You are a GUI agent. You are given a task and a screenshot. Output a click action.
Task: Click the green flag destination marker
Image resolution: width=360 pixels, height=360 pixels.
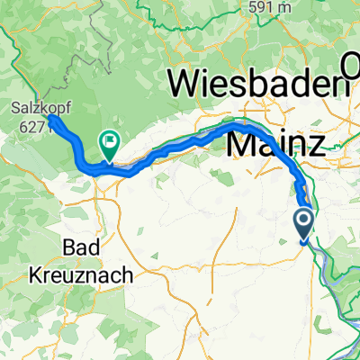point(110,141)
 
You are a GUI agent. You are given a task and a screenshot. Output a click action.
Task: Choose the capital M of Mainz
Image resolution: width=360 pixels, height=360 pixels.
point(240,141)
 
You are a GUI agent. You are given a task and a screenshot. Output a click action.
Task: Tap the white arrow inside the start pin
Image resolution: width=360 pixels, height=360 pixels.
point(303,219)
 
